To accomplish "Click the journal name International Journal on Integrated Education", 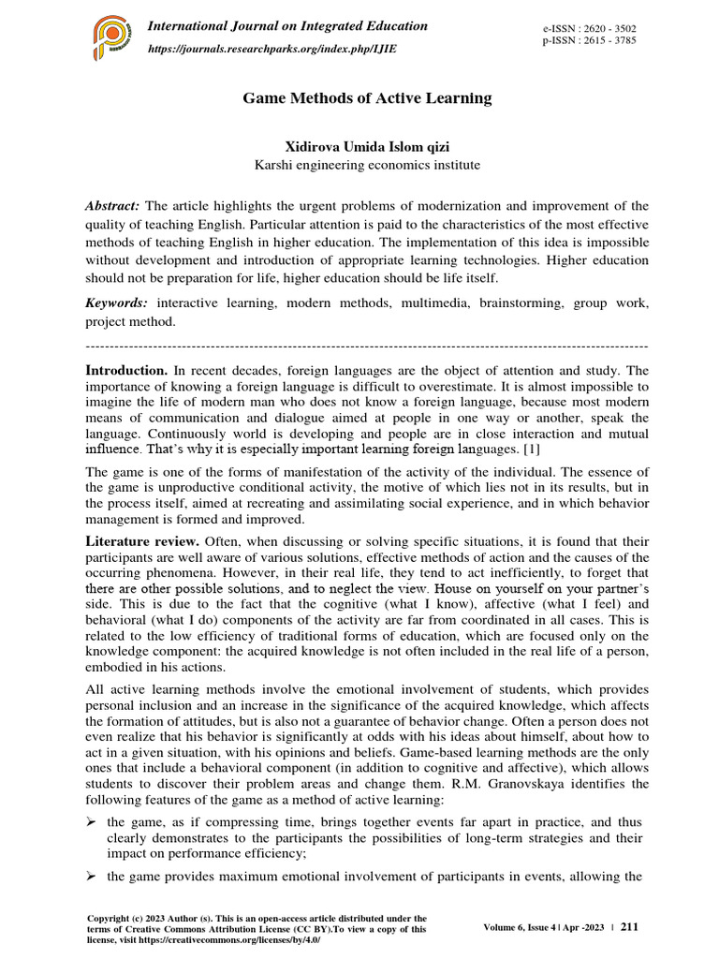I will pyautogui.click(x=288, y=26).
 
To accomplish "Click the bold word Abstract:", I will pyautogui.click(x=113, y=206).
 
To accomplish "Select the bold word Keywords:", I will pyautogui.click(x=117, y=303).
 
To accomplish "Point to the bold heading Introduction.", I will pyautogui.click(x=126, y=371).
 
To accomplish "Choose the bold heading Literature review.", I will pyautogui.click(x=143, y=541).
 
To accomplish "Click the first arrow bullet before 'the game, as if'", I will pyautogui.click(x=92, y=822).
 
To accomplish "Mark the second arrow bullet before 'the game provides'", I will pyautogui.click(x=92, y=877).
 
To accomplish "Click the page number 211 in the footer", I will pyautogui.click(x=629, y=927).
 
